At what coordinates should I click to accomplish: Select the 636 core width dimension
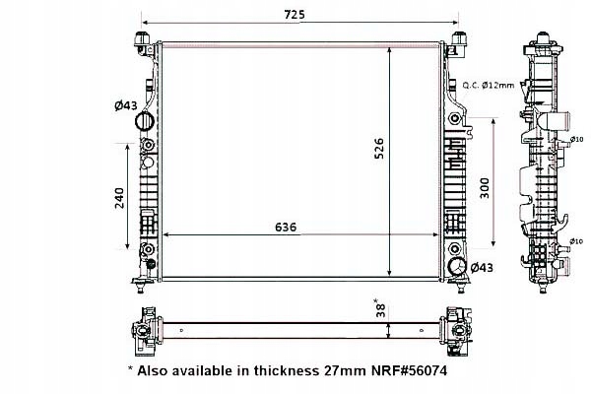pos(286,227)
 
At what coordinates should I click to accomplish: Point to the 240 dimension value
pos(119,197)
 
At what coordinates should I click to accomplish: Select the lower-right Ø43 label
pos(482,267)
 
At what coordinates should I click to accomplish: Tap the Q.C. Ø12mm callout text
pos(489,86)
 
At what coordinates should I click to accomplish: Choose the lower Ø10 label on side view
pos(578,241)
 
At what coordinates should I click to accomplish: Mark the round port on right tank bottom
pos(456,267)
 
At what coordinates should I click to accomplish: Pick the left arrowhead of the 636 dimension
pos(166,235)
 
